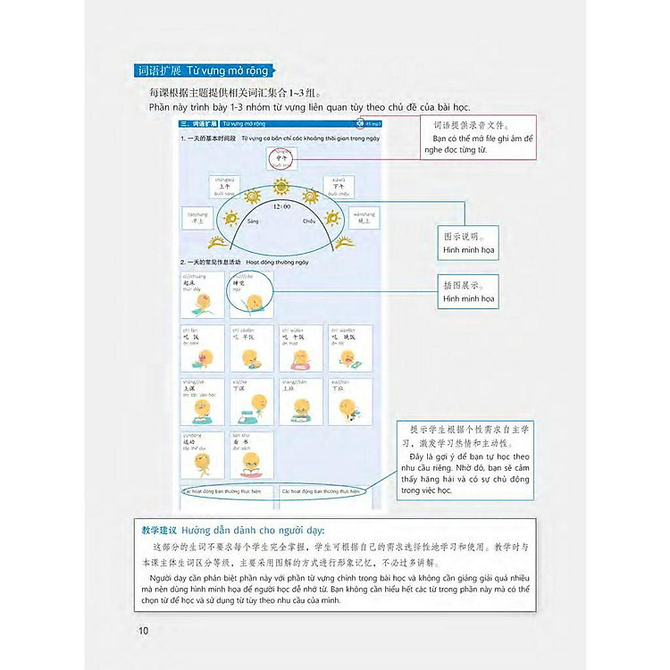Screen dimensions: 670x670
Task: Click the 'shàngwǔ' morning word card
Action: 226,186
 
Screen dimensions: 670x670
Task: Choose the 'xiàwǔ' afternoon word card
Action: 339,186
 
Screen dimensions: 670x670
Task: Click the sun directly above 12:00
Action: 281,191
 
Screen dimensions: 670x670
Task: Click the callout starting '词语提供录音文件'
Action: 478,138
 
